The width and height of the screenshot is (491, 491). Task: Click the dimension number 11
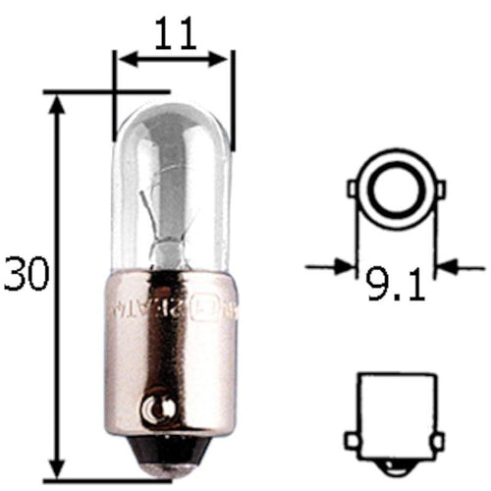tap(176, 36)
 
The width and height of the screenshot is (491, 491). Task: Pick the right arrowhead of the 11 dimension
tap(225, 60)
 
